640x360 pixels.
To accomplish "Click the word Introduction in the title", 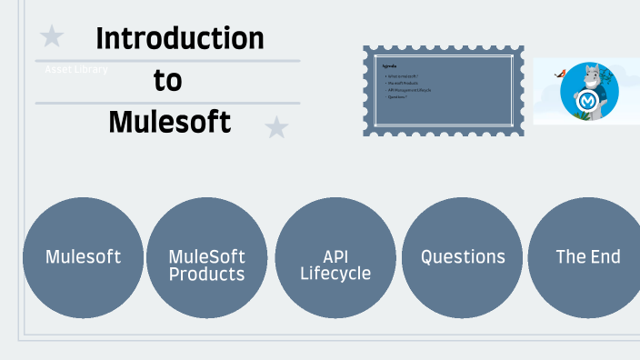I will (179, 38).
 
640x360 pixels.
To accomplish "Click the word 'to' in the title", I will (167, 80).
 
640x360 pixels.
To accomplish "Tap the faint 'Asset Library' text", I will (76, 69).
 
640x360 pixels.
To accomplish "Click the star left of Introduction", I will (53, 36).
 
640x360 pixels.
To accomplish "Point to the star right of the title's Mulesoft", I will (276, 127).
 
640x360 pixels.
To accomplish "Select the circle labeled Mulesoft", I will (83, 257).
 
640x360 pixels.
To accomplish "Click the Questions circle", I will (462, 257).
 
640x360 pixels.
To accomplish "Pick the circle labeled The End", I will (586, 257).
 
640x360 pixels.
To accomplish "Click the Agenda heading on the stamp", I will (390, 66).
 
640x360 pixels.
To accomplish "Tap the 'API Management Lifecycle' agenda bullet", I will (409, 90).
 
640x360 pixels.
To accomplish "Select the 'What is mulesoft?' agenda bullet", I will (404, 76).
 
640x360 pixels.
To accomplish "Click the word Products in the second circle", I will (207, 274).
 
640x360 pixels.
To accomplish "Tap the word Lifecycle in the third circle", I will (335, 274).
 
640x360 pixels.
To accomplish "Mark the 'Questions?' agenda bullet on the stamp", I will (398, 96).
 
